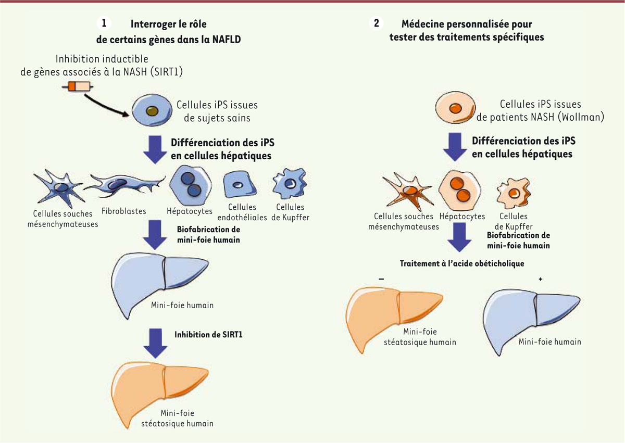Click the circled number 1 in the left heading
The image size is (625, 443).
[104, 23]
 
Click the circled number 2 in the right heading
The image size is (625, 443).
[376, 23]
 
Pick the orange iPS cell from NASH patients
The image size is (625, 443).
[455, 110]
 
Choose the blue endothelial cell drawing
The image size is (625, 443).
[238, 186]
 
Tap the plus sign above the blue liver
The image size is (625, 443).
[540, 279]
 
